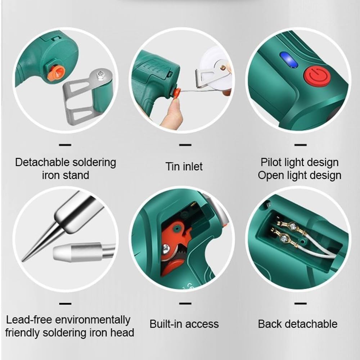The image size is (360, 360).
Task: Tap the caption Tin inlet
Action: pos(184,167)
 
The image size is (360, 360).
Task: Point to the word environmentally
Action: pos(95,320)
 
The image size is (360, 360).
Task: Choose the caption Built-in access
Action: pos(184,324)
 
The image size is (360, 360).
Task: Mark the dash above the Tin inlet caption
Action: pos(185,145)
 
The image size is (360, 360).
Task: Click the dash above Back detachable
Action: pos(300,303)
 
